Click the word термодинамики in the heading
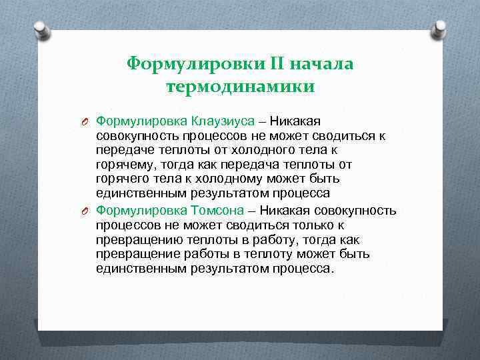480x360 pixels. (240, 87)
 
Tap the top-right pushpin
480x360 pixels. (439, 29)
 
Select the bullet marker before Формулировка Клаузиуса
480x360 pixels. (85, 121)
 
